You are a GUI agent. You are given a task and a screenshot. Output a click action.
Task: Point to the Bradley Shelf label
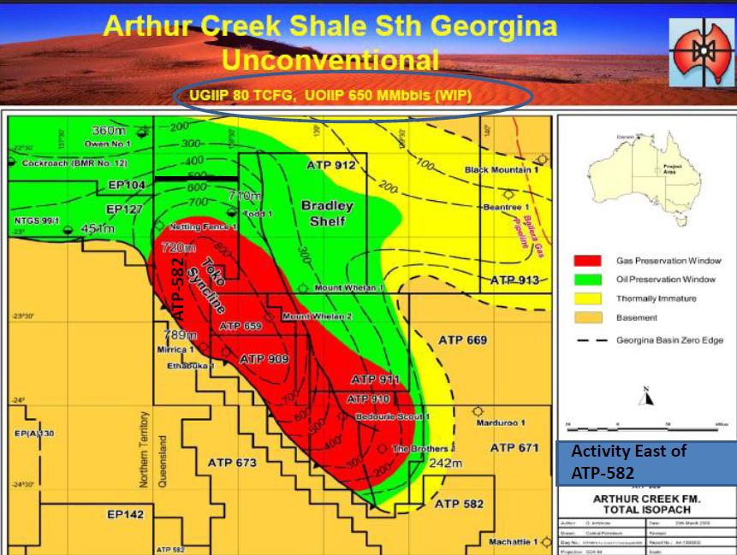322,213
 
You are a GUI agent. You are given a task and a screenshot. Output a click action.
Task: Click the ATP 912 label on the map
331,164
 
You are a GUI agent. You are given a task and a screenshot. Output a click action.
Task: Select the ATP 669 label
462,339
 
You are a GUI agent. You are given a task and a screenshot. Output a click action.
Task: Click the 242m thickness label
445,463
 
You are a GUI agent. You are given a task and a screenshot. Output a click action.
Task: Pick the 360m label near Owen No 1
109,130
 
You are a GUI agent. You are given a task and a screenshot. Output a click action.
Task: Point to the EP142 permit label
125,515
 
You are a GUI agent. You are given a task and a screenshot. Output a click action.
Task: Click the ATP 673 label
232,463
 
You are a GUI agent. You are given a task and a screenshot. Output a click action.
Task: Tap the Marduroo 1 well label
499,423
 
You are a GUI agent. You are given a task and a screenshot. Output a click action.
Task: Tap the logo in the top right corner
696,51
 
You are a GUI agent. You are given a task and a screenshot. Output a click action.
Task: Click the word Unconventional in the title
329,61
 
